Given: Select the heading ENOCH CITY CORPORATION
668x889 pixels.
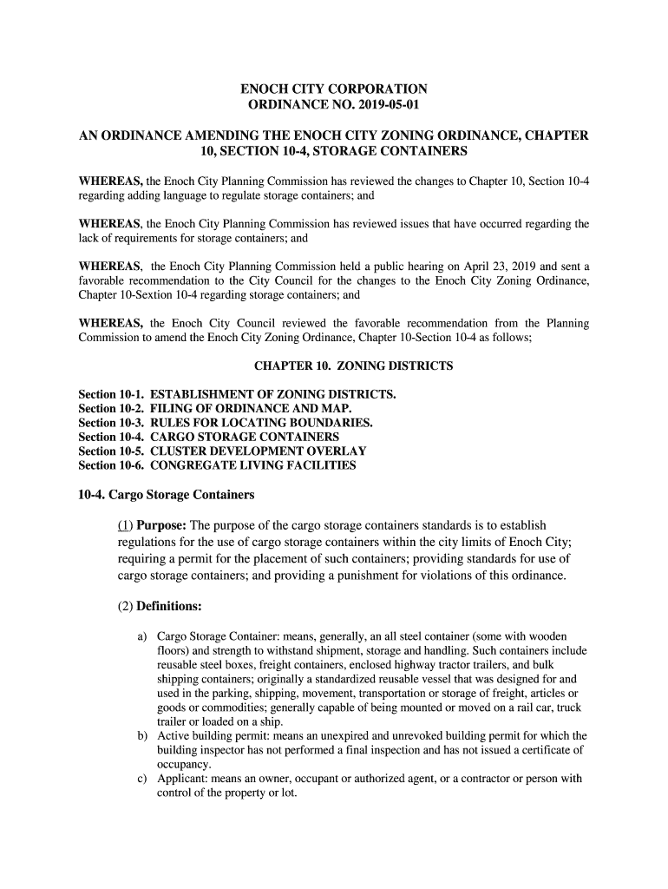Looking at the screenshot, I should point(334,89).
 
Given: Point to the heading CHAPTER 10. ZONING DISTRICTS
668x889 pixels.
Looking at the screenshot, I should point(352,366).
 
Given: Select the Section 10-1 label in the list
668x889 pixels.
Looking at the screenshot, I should point(111,395).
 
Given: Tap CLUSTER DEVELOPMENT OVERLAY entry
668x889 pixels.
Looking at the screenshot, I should point(259,451).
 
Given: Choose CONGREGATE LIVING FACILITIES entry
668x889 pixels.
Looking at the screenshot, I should point(253,465).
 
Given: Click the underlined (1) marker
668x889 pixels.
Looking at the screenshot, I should point(126,525).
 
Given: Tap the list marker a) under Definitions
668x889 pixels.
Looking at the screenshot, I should point(142,637).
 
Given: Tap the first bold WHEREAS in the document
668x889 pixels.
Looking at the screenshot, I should point(111,181).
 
